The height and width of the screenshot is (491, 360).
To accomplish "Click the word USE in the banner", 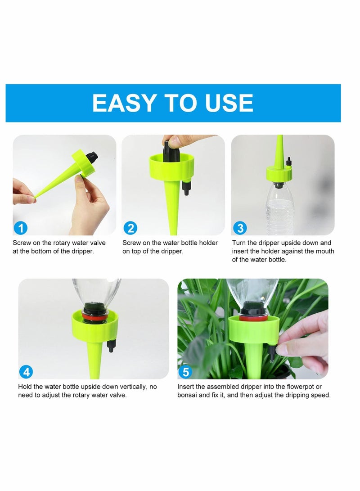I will click(229, 103).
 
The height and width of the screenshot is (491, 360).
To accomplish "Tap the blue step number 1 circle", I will click(21, 228).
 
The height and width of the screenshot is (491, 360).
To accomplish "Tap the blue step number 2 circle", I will click(130, 228).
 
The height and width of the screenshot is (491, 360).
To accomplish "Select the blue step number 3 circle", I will click(239, 228).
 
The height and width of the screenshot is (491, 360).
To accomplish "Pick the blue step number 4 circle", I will click(27, 372).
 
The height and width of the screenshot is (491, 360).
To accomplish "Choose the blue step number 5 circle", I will click(185, 372).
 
